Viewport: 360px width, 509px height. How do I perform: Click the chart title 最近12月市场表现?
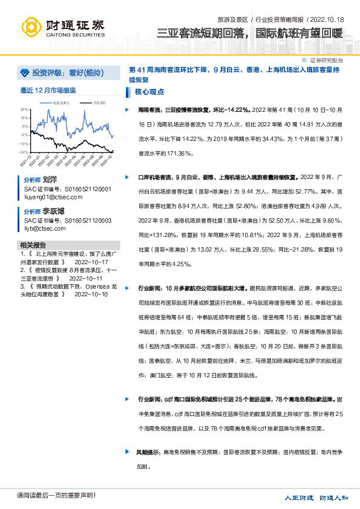(48, 90)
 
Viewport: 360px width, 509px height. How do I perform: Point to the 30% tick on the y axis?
(24, 109)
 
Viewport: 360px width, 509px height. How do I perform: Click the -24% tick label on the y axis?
(24, 153)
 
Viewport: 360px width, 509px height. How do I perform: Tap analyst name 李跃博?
(54, 212)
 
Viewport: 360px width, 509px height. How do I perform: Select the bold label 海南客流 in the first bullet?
(149, 110)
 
